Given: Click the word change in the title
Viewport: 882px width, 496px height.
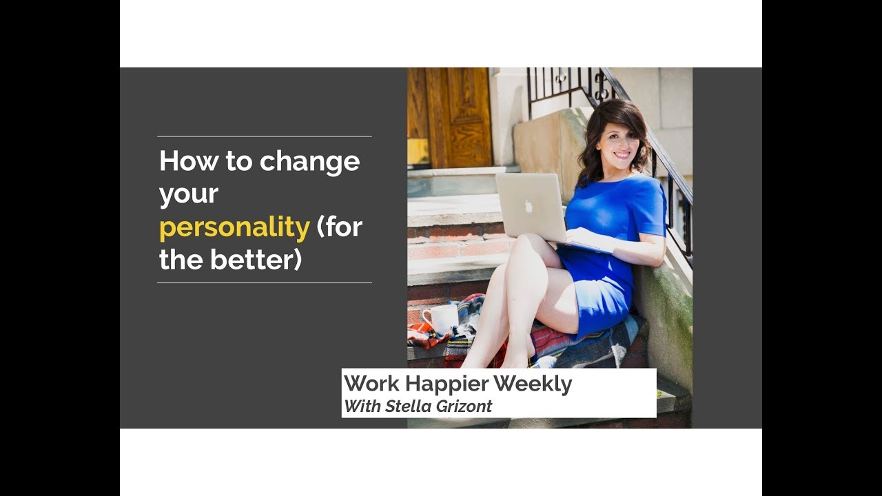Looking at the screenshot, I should [309, 162].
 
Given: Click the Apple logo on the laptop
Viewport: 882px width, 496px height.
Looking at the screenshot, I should [529, 205].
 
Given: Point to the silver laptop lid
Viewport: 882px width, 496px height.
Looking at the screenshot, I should [529, 205].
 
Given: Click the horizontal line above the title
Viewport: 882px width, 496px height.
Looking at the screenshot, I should [265, 136].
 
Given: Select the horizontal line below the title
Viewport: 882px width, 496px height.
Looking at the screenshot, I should [265, 282].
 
